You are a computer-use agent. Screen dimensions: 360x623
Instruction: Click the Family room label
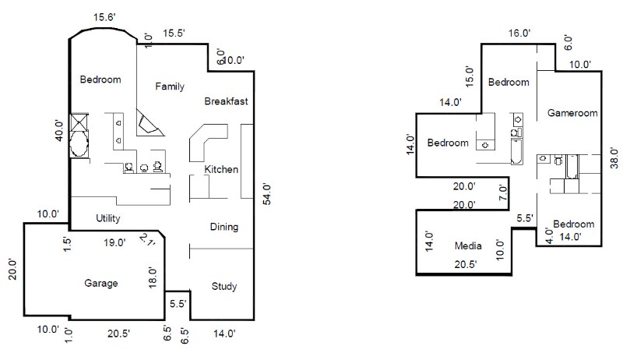click(169, 86)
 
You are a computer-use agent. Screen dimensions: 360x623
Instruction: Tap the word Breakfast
click(226, 101)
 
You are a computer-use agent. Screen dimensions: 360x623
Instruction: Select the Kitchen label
click(221, 170)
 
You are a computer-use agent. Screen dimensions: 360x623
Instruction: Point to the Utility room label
click(107, 217)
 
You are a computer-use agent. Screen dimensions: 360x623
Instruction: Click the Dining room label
click(224, 227)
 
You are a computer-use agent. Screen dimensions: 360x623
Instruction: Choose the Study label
click(224, 286)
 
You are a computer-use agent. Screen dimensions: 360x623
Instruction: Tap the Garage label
click(101, 283)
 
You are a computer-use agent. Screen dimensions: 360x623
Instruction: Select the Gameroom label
click(572, 113)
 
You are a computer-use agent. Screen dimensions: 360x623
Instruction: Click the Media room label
click(468, 246)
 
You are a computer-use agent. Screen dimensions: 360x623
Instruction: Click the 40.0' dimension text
click(58, 129)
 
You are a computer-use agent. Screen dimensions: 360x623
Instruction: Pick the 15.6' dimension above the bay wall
click(106, 17)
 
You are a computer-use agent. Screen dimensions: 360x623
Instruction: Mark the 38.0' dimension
click(614, 158)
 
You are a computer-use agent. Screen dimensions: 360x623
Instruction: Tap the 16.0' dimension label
click(519, 33)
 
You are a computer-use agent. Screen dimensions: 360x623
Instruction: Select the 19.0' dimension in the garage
click(115, 243)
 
